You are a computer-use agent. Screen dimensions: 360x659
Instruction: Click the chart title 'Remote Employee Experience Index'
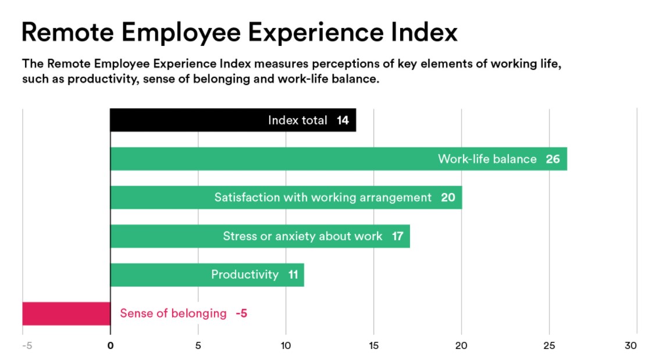pyautogui.click(x=239, y=32)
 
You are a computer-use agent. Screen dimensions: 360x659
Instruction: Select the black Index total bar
pyautogui.click(x=186, y=120)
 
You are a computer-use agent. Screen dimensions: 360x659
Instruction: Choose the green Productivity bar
pyautogui.click(x=157, y=275)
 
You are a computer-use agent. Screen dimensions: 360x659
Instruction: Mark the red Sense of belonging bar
pyautogui.click(x=66, y=313)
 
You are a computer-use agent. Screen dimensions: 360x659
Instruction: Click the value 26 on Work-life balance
pyautogui.click(x=553, y=159)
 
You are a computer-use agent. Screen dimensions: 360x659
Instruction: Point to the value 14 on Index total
pyautogui.click(x=343, y=120)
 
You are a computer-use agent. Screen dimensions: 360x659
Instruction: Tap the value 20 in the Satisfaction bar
pyautogui.click(x=448, y=198)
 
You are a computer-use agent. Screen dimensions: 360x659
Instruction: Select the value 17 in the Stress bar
pyautogui.click(x=397, y=236)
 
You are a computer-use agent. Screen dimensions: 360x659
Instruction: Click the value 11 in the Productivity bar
pyautogui.click(x=293, y=275)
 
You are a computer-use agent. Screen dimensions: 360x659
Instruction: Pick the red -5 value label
pyautogui.click(x=241, y=313)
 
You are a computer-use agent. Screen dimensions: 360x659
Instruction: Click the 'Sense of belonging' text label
pyautogui.click(x=173, y=313)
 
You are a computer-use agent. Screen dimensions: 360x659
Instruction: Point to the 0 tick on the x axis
pyautogui.click(x=111, y=345)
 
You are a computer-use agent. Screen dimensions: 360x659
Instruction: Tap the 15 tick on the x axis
pyautogui.click(x=373, y=345)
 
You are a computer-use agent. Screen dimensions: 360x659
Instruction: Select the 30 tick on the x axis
pyautogui.click(x=630, y=345)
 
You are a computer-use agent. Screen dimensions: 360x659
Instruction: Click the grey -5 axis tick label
pyautogui.click(x=26, y=345)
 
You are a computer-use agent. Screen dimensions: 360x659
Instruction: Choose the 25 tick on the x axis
pyautogui.click(x=548, y=345)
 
